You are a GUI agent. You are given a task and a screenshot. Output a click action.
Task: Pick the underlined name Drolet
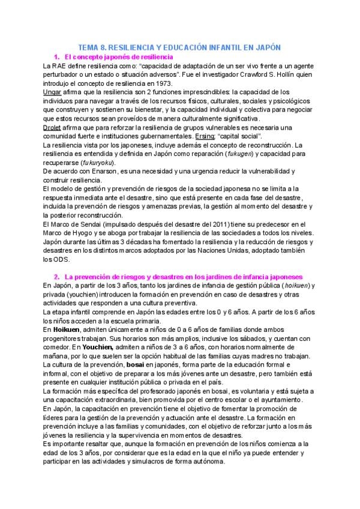(x=53, y=128)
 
